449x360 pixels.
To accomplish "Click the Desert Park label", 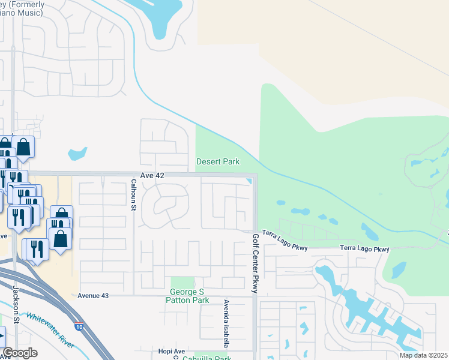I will point(218,161).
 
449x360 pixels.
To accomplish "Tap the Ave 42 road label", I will point(152,175).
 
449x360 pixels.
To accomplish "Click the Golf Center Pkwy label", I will point(255,263).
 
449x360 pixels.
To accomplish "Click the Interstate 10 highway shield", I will point(80,327).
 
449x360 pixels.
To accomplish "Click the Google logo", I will point(20,353).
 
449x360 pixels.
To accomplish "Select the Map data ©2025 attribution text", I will point(423,355).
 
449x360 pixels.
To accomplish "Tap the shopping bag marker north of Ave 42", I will point(23,146).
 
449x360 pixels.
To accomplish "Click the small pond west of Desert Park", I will point(77,154).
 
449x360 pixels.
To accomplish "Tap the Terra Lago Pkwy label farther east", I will point(364,248).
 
